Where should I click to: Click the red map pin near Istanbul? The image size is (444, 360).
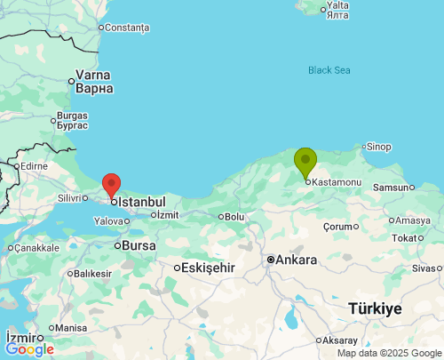[x=111, y=185]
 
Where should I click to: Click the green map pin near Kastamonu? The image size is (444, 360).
[x=305, y=162]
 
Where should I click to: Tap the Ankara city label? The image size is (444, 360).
[x=297, y=260]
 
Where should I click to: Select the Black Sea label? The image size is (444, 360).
[x=329, y=70]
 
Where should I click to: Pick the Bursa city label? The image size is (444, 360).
[x=138, y=245]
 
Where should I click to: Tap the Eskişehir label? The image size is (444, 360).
[x=209, y=267]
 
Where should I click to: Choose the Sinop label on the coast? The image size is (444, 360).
[x=378, y=147]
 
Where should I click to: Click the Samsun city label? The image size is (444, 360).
[x=392, y=188]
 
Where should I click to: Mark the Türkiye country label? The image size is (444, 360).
[x=374, y=308]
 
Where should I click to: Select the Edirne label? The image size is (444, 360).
[x=34, y=165]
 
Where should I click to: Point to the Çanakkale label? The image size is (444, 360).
[x=36, y=247]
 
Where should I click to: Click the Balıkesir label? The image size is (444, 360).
[x=93, y=273]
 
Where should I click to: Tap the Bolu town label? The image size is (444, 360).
[x=234, y=216]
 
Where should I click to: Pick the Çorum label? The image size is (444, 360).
[x=337, y=227]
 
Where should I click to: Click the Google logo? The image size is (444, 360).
[x=29, y=349]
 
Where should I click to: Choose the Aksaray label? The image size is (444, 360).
[x=340, y=340]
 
